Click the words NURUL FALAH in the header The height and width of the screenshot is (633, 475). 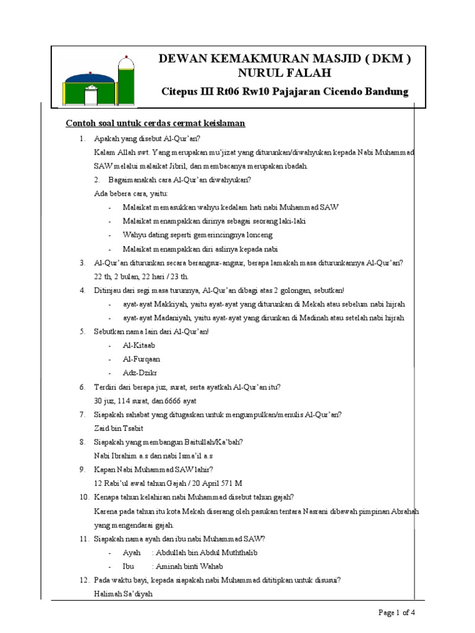[x=285, y=74]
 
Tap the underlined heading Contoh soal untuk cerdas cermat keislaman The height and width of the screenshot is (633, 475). [x=156, y=124]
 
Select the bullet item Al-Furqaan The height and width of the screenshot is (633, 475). [x=142, y=359]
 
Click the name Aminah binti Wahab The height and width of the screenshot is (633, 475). [x=189, y=566]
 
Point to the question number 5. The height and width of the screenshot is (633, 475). [x=82, y=331]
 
